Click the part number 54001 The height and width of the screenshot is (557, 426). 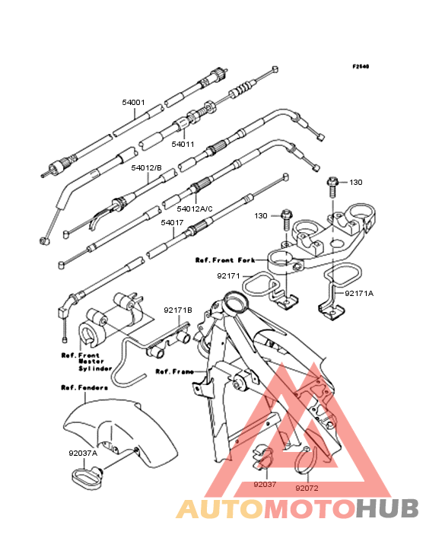tap(133, 103)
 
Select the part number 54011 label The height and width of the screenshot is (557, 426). tap(183, 145)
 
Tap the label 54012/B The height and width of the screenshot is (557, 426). tap(146, 167)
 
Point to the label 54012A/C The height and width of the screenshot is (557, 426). tap(195, 208)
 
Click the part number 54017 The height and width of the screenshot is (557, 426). tap(172, 223)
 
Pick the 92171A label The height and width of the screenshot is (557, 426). tap(359, 294)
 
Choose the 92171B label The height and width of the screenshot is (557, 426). tap(178, 310)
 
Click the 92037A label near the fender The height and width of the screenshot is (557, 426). tap(83, 454)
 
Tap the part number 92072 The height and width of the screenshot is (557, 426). tap(307, 489)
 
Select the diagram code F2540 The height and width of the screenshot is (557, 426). tap(361, 66)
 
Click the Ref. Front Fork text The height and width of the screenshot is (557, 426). tap(225, 260)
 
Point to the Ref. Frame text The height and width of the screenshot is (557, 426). tap(175, 371)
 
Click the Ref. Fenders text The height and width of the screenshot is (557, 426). tap(84, 387)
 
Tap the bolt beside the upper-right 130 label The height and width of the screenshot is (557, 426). tap(332, 188)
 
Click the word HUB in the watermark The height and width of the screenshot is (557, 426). tap(387, 508)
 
